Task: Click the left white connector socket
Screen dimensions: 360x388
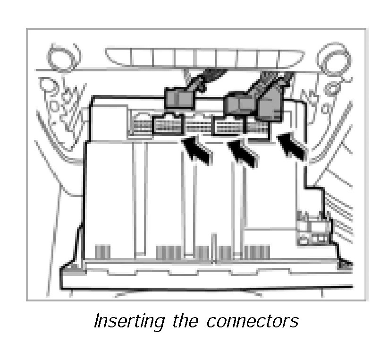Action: (x=167, y=126)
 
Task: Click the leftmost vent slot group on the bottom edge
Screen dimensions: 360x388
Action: (x=102, y=251)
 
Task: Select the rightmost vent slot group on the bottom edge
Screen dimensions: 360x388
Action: (x=257, y=252)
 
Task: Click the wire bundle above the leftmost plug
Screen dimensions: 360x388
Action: (x=198, y=78)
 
